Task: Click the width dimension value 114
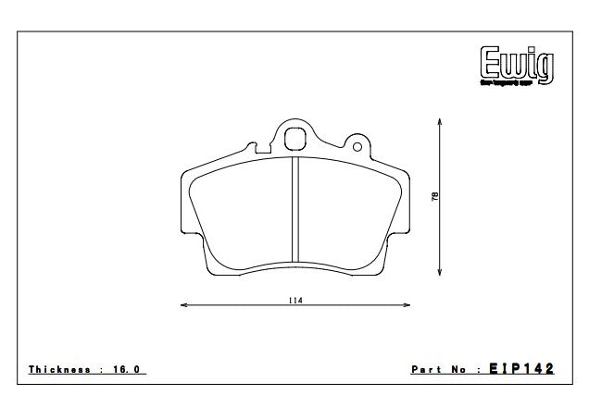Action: pyautogui.click(x=294, y=300)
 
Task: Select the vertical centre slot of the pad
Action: pyautogui.click(x=294, y=210)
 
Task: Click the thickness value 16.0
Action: pyautogui.click(x=127, y=369)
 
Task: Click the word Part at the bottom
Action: pyautogui.click(x=424, y=369)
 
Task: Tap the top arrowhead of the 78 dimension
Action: pyautogui.click(x=440, y=120)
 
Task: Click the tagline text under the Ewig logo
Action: pyautogui.click(x=515, y=84)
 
